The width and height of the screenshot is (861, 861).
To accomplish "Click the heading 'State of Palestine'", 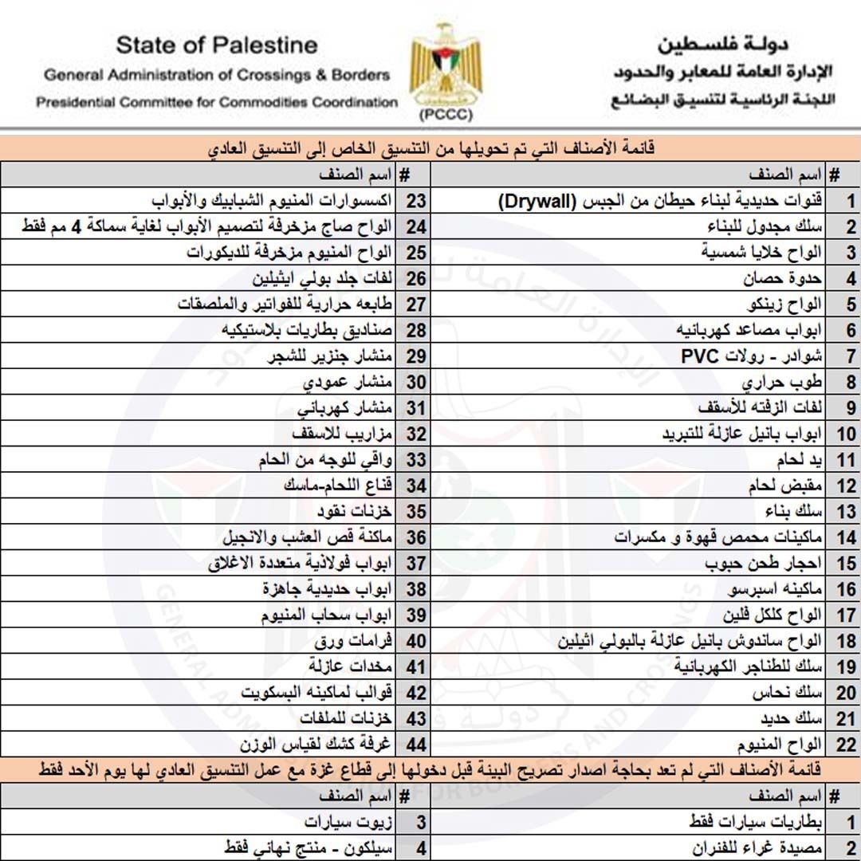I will pyautogui.click(x=216, y=45).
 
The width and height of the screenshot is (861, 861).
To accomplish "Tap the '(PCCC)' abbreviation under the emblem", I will pyautogui.click(x=440, y=114).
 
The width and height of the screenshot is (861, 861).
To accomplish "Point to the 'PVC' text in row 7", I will pyautogui.click(x=699, y=356).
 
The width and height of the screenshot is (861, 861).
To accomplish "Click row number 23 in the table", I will pyautogui.click(x=415, y=201).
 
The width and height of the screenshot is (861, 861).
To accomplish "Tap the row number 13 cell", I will pyautogui.click(x=846, y=511).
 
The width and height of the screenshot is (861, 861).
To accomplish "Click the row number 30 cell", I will pyautogui.click(x=415, y=382).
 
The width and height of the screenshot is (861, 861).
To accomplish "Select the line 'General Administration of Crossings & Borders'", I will pyautogui.click(x=217, y=76).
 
